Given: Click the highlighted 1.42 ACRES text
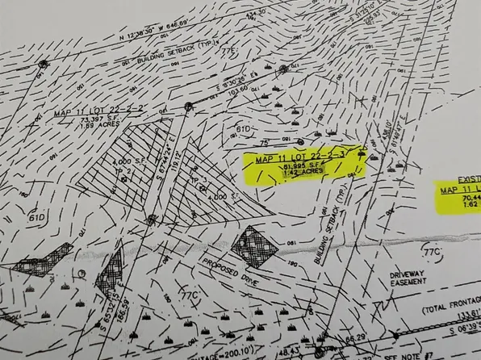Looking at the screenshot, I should coord(303,172).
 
